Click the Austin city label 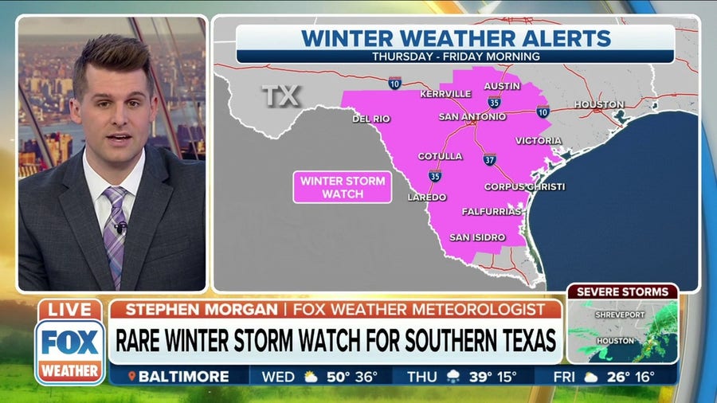[x=501, y=86]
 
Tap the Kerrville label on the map [x=445, y=93]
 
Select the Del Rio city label [x=371, y=119]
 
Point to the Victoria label [x=539, y=141]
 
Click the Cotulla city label [x=440, y=156]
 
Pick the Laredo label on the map [x=427, y=197]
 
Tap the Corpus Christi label [x=524, y=186]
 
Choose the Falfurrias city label [x=492, y=212]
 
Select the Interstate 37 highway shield [x=489, y=159]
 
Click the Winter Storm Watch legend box [x=343, y=187]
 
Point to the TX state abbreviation [x=281, y=96]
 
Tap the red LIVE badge [x=69, y=309]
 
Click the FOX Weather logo [x=69, y=350]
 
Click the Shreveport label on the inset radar [x=618, y=314]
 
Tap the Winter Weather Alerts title [x=456, y=37]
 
